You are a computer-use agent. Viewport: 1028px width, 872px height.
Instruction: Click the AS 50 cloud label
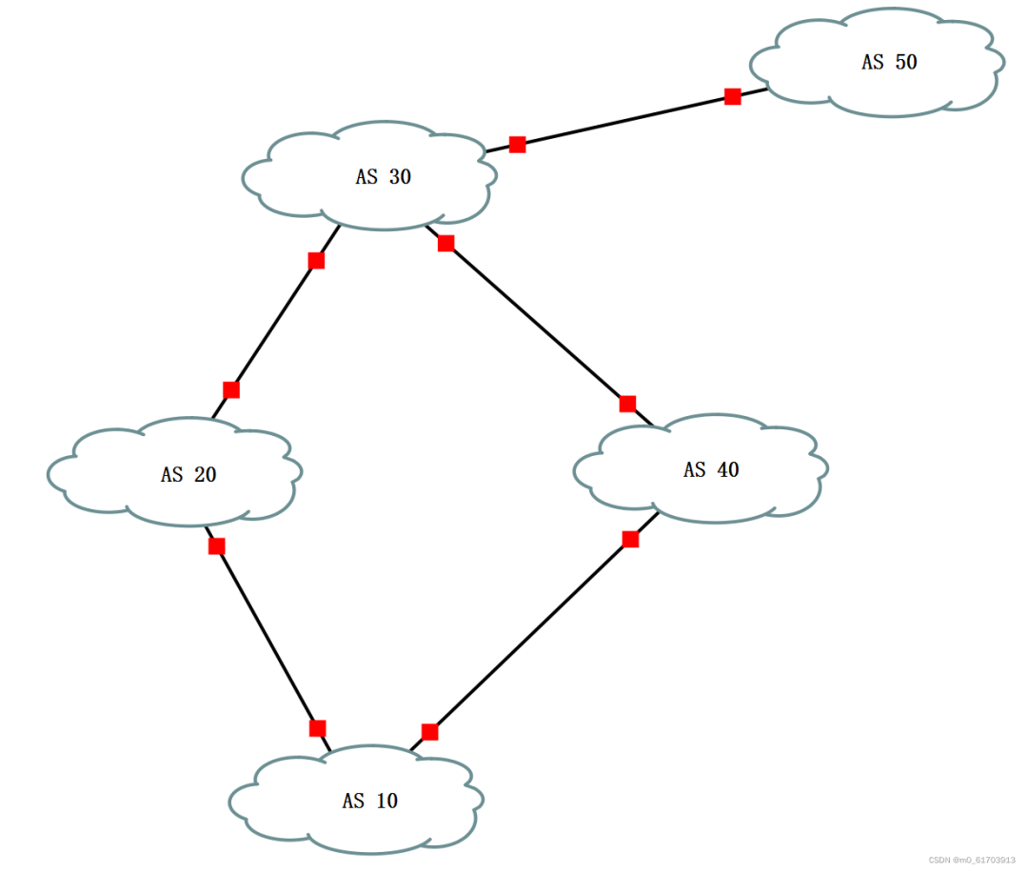(889, 63)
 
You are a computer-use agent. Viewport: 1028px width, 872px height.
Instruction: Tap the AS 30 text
(384, 177)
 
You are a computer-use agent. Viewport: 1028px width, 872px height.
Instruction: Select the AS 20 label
(188, 474)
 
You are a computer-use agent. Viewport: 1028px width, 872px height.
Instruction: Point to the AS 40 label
(711, 470)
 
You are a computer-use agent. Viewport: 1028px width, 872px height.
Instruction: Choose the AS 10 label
(369, 802)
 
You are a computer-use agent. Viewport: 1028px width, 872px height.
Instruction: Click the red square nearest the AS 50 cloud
(732, 96)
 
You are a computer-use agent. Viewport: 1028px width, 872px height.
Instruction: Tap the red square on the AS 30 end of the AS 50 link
(517, 145)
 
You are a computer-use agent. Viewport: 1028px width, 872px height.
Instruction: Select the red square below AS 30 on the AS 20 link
(316, 260)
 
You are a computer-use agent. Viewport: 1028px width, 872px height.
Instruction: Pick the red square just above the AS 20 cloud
(231, 389)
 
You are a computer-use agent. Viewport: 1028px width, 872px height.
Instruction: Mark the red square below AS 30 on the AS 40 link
(445, 244)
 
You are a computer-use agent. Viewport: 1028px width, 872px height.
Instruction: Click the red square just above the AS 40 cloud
(627, 404)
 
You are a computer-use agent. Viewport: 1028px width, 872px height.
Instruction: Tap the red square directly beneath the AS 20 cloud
(217, 546)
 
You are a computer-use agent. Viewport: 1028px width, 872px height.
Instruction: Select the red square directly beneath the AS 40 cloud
(630, 540)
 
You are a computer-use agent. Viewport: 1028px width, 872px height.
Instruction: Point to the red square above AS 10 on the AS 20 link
(318, 728)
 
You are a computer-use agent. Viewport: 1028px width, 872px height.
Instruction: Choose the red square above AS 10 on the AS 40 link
(429, 732)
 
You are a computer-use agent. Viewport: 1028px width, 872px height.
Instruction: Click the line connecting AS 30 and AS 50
(624, 121)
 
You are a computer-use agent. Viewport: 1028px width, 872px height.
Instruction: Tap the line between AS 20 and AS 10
(267, 638)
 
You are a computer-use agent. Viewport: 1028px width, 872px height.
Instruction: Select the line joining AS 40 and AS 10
(529, 636)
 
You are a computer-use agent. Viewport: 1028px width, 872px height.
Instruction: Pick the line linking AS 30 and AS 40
(536, 324)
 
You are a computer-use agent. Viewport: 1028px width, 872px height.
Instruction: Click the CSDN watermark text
(972, 860)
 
